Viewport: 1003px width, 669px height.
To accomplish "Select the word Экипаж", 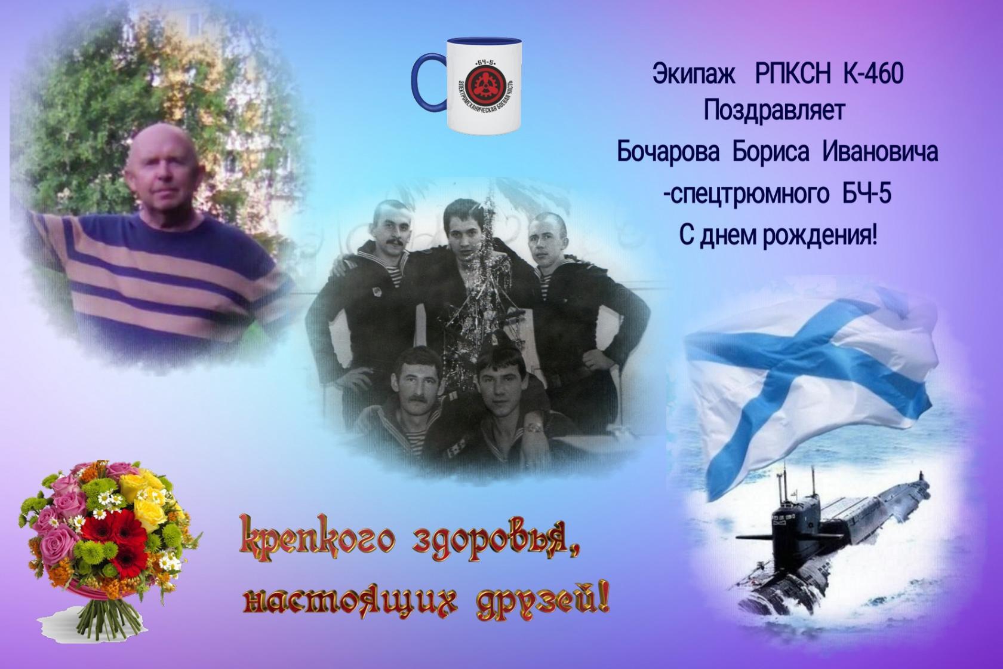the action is [x=694, y=75].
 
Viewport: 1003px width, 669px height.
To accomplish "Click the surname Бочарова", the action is [x=668, y=152].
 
